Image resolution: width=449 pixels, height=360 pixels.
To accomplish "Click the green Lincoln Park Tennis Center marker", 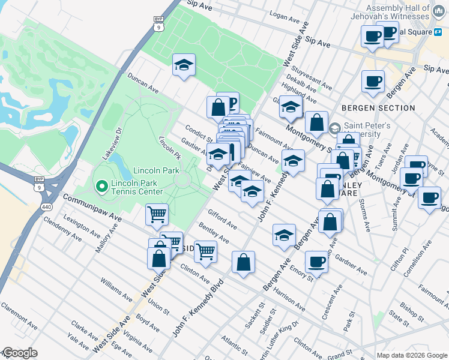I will [101, 187].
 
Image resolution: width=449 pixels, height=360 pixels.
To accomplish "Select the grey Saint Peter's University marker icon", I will [334, 127].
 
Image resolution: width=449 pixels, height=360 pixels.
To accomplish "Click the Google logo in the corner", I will [19, 353].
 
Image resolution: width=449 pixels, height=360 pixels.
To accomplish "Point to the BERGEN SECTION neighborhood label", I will [378, 108].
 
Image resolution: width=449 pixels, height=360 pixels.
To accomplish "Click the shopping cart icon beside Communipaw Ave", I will [157, 214].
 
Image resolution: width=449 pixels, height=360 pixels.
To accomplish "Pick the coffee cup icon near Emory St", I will [316, 262].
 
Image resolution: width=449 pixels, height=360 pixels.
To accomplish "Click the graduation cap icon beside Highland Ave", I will [291, 107].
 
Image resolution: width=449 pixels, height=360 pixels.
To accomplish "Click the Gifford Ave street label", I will [222, 219].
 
